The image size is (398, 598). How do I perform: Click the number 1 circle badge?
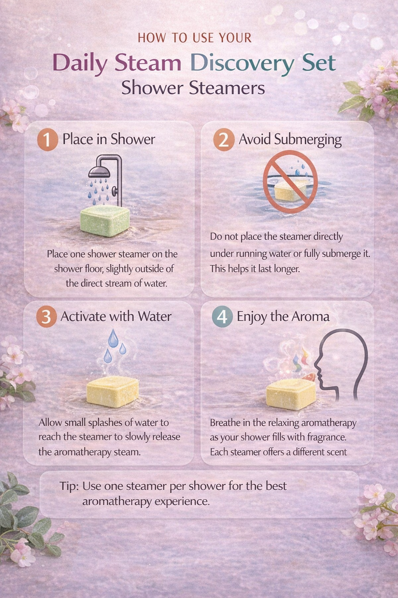click(48, 140)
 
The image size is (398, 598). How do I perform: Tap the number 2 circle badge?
click(223, 140)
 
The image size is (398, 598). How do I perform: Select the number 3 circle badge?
click(47, 317)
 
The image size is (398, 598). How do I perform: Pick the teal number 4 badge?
click(222, 317)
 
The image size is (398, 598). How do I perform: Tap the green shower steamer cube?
click(105, 221)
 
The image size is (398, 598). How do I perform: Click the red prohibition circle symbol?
click(290, 181)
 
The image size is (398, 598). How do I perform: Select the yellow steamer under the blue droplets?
click(112, 391)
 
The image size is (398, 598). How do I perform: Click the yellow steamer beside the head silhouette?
click(291, 394)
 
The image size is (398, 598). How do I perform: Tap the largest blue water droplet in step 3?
click(113, 338)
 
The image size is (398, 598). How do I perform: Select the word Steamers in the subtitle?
click(227, 88)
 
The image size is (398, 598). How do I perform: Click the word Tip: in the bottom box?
click(70, 486)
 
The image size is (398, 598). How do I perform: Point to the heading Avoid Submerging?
click(290, 140)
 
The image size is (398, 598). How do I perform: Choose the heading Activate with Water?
click(116, 316)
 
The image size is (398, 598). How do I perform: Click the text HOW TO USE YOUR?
click(195, 38)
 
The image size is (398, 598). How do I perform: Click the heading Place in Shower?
click(109, 139)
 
